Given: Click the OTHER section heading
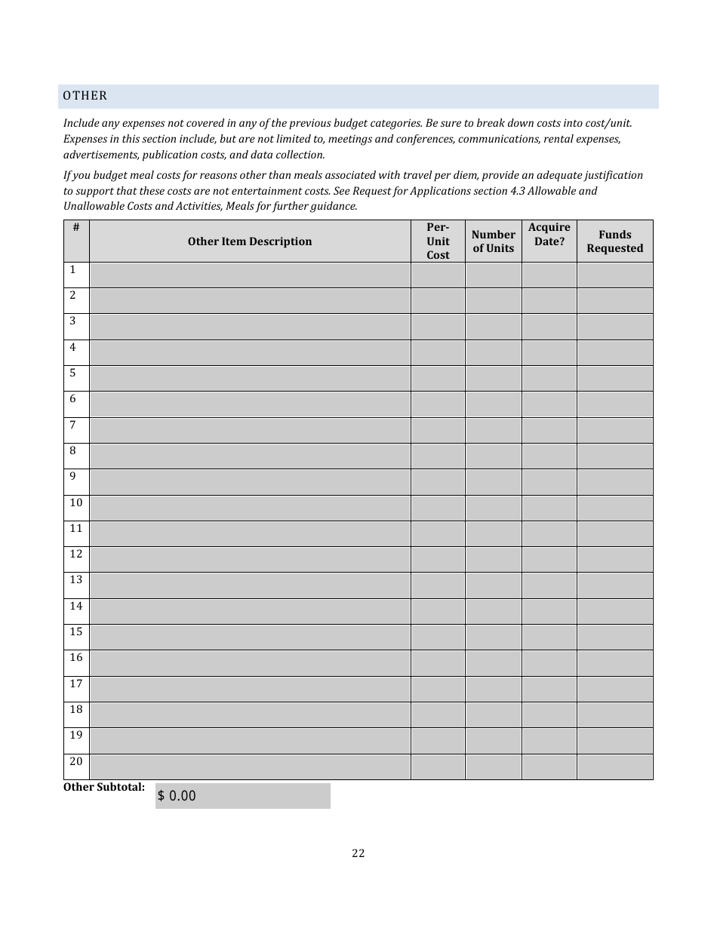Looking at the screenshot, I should click(85, 96).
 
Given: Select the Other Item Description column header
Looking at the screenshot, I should click(250, 241).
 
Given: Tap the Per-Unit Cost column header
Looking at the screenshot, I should click(438, 241).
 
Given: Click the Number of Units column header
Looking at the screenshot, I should click(493, 241).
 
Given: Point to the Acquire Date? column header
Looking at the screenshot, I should click(549, 235).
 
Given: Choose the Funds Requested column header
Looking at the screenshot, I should click(615, 241).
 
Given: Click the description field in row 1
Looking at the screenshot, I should click(250, 275).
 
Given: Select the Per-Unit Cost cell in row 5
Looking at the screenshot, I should click(438, 378).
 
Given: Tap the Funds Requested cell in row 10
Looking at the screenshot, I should click(615, 508).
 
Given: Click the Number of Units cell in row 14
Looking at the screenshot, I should click(493, 611).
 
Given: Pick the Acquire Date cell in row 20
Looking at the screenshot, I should click(549, 767).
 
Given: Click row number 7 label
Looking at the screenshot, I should click(72, 425).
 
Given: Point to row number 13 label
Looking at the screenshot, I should click(76, 579).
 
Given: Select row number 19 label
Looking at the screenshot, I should click(76, 735).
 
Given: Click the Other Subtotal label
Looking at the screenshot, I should click(104, 787).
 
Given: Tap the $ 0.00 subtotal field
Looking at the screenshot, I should click(242, 796).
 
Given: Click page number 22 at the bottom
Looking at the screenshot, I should click(358, 853).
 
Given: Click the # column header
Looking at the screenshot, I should click(76, 227).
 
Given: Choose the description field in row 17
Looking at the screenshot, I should click(250, 689).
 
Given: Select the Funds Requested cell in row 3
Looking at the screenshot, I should click(615, 327).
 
